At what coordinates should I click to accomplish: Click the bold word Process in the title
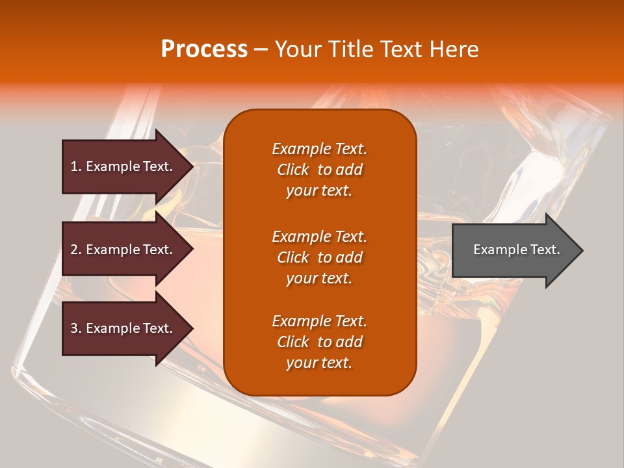(204, 49)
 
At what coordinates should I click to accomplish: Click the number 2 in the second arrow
(74, 250)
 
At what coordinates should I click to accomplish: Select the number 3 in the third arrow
(74, 328)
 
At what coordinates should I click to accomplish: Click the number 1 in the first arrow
(74, 166)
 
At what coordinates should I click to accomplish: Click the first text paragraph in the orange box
(319, 170)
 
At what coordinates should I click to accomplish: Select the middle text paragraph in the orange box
(319, 257)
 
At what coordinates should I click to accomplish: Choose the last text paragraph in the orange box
(319, 342)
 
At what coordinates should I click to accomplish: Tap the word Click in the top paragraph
(292, 170)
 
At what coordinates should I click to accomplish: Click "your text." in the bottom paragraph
(319, 363)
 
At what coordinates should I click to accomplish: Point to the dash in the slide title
(261, 49)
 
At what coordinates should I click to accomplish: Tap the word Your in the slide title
(296, 49)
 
